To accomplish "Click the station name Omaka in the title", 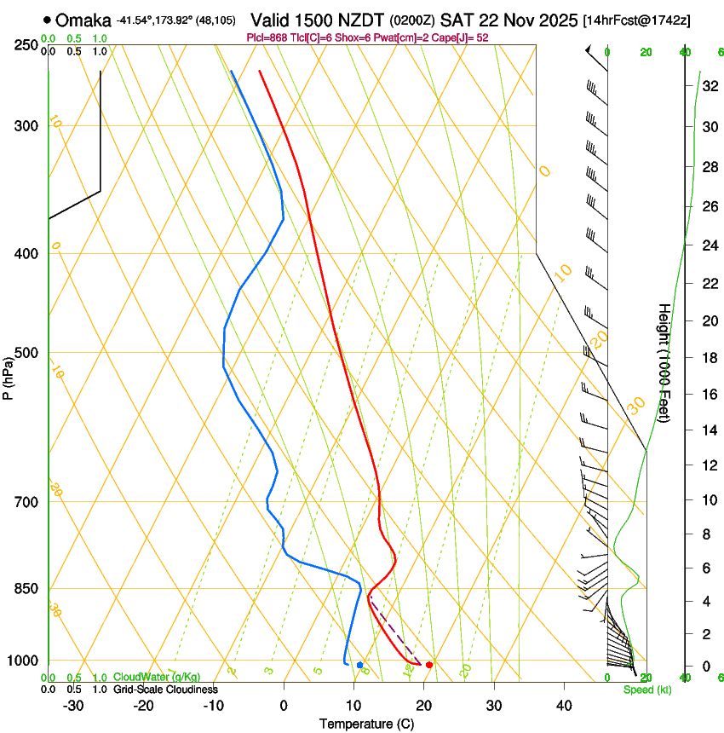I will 83,20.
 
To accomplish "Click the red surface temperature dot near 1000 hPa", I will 429,665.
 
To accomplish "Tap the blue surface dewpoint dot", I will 359,665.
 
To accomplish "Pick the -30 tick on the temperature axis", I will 73,705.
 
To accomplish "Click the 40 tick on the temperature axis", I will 564,705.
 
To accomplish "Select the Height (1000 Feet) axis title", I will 664,363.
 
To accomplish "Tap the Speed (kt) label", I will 642,690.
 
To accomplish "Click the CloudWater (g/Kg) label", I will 157,678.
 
